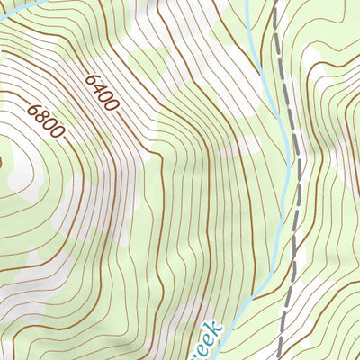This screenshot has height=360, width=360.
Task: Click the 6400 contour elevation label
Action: pos(102,93)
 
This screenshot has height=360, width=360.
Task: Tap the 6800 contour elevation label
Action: pos(45,121)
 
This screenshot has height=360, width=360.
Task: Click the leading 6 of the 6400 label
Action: pos(91,79)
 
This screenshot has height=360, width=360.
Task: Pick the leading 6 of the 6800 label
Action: pos(34,108)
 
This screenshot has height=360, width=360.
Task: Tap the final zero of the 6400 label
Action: pos(112,105)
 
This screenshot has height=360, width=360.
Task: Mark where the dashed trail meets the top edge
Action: pos(275,2)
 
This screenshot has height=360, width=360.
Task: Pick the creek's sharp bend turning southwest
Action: pos(261,293)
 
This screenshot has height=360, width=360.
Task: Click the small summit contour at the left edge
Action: pos(2,162)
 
